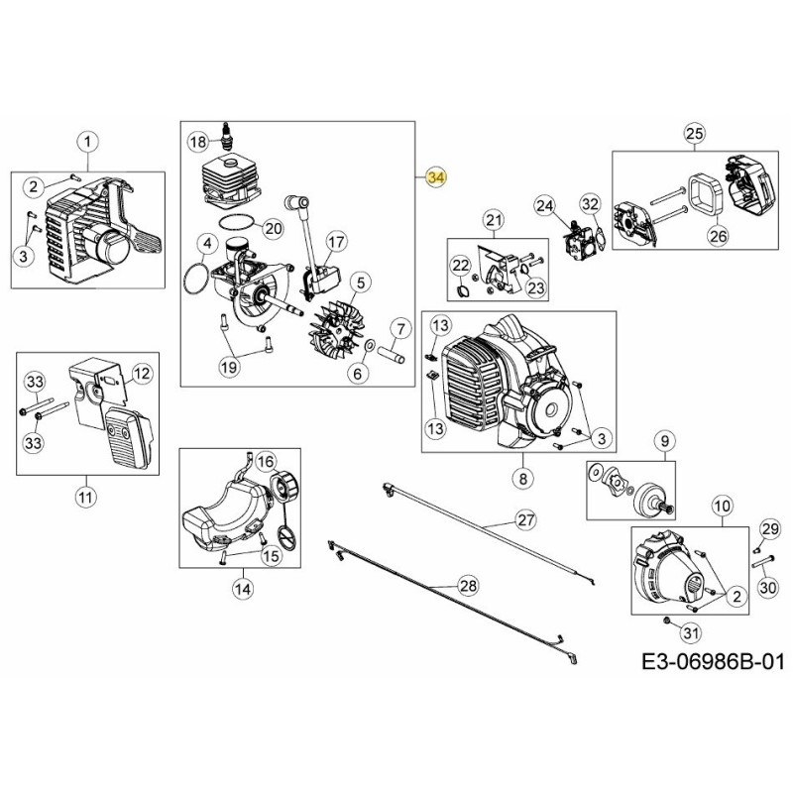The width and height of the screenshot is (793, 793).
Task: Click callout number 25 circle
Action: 693,134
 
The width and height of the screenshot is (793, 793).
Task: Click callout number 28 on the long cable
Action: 468,586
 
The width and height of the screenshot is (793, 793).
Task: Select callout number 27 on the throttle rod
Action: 525,519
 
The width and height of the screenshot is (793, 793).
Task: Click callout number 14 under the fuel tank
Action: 242,589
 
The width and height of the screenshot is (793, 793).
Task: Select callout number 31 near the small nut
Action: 692,633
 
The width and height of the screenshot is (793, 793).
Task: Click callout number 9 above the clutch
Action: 664,439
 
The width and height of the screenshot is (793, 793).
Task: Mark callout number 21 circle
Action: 494,219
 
